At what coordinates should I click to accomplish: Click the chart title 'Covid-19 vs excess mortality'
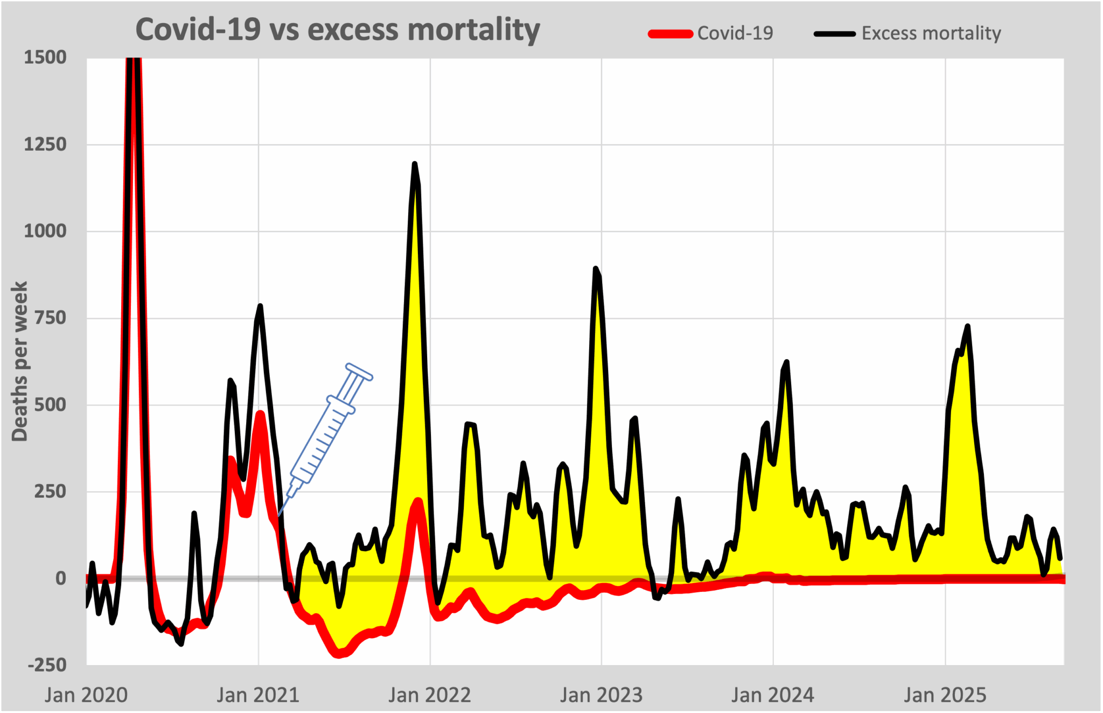tap(338, 30)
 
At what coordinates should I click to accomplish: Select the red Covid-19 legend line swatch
tap(670, 34)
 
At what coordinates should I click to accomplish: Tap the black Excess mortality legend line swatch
tap(834, 34)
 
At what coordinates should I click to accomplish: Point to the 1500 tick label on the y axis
tap(45, 57)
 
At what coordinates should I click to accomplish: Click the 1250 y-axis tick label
tap(45, 144)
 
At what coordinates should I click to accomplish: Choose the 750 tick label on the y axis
tap(50, 318)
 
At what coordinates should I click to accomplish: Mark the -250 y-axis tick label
tap(47, 665)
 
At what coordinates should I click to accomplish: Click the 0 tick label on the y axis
tap(61, 578)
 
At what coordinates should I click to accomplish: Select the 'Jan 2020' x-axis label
tap(86, 695)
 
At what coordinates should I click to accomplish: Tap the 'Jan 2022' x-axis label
tap(430, 695)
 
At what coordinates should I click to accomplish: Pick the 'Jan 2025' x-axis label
tap(945, 695)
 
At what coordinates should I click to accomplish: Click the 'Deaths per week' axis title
tap(19, 361)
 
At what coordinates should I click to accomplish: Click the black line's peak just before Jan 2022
tap(414, 164)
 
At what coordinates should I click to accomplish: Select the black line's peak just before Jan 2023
tap(595, 268)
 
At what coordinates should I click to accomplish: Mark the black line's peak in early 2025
tap(968, 326)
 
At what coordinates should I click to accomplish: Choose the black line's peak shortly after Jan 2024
tap(787, 362)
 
